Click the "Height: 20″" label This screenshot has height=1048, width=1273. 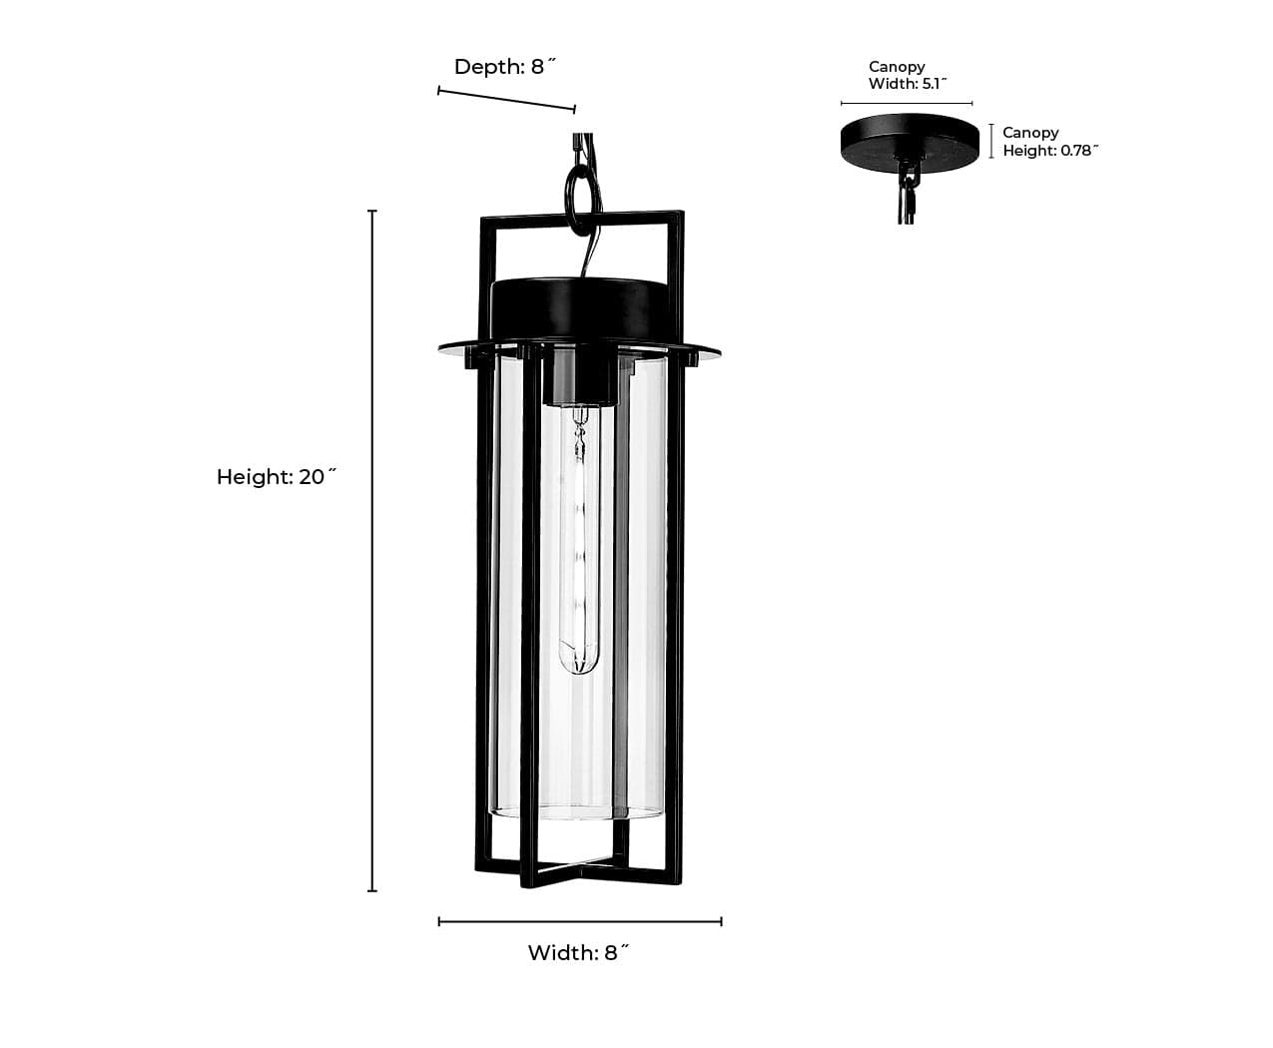pos(277,477)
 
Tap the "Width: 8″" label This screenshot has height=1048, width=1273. pos(578,952)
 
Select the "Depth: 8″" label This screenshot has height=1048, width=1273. pos(505,67)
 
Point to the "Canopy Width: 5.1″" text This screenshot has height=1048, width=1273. pos(908,75)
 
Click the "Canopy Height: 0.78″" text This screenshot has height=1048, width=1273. pos(1050,142)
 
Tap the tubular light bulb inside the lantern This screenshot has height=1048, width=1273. pos(579,540)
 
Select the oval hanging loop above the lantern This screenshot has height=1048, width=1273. pos(582,202)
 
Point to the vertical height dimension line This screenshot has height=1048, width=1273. pos(372,551)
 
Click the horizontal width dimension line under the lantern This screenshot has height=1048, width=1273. pos(580,921)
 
